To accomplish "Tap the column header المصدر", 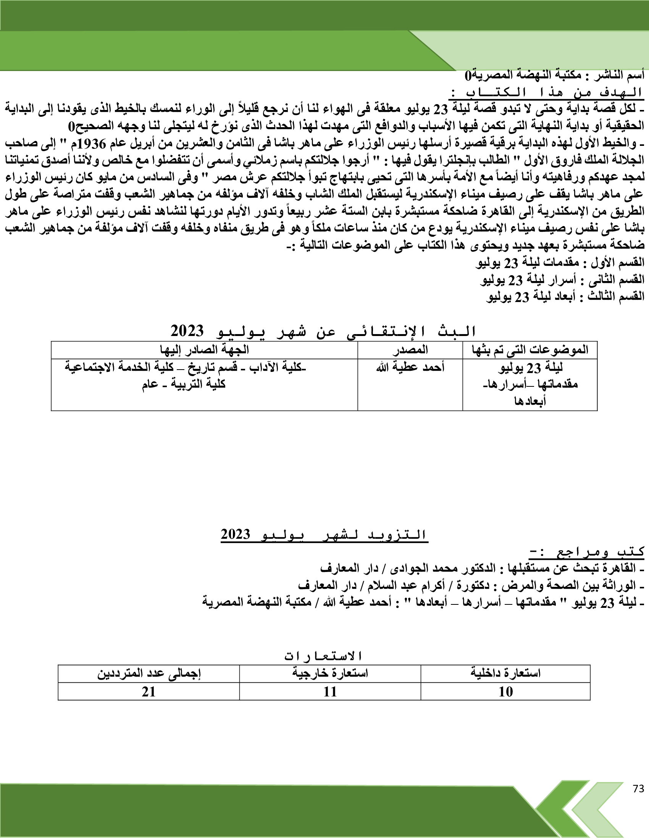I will (x=410, y=350).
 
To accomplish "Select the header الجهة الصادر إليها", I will (x=205, y=350).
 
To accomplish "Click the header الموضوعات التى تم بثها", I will (x=530, y=350).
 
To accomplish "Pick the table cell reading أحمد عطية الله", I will (x=410, y=367).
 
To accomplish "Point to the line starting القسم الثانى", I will (x=562, y=280).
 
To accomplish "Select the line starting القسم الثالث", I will (x=565, y=297).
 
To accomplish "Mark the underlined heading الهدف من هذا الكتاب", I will (x=546, y=93).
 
